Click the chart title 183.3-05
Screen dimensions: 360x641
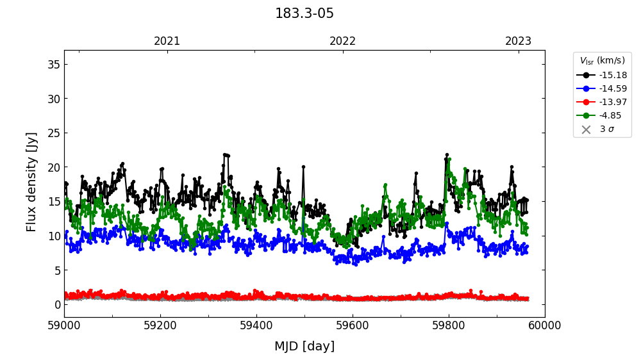coord(304,13)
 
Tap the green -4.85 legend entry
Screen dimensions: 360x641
coord(610,115)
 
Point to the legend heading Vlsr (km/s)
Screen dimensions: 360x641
coord(602,61)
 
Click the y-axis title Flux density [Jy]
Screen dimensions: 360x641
coord(32,182)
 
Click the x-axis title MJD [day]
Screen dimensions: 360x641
coord(304,347)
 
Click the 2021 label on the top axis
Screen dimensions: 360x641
coord(167,41)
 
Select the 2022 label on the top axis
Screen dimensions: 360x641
coord(343,41)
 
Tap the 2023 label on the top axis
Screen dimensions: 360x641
coord(518,41)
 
